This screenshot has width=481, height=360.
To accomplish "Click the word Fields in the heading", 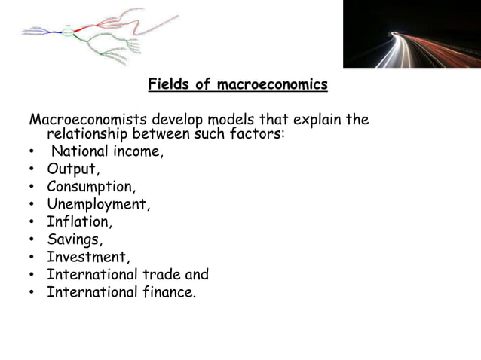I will pos(169,84).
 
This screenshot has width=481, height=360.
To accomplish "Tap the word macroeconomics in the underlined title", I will pos(272,84).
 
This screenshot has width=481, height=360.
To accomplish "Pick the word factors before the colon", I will pos(253,134).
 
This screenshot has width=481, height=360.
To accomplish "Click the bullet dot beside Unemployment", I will pos(33,205).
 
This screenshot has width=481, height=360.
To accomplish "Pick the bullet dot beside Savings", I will pos(33,240).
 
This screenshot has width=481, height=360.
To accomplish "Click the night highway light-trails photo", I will pos(412,34).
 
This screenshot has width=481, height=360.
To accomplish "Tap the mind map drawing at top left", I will pos(98,34).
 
